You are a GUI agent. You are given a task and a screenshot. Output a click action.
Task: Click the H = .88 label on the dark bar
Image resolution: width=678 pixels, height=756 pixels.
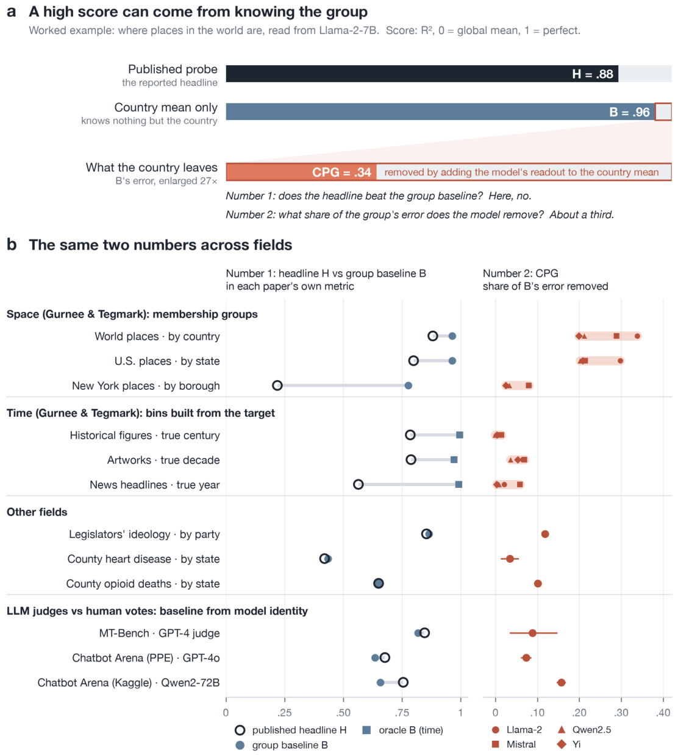[x=592, y=74]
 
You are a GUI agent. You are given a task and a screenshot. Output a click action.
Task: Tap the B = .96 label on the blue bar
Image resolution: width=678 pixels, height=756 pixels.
[x=629, y=112]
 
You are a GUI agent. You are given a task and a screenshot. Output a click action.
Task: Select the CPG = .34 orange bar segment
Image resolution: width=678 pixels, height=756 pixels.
[x=301, y=172]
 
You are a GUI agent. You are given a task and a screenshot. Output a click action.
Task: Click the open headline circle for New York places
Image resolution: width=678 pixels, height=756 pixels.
[x=277, y=385]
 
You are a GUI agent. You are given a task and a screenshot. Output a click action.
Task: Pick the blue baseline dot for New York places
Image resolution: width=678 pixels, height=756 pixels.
[x=409, y=385]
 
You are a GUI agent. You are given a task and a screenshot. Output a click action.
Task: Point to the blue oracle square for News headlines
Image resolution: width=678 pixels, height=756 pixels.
[x=459, y=484]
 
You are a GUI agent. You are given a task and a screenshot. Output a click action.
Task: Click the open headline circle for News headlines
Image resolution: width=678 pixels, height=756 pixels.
[x=359, y=484]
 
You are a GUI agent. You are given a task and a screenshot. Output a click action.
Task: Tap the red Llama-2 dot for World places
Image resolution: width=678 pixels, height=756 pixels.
[x=637, y=336]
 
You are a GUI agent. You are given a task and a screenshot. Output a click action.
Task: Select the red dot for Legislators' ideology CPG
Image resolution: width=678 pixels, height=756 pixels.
[x=545, y=534]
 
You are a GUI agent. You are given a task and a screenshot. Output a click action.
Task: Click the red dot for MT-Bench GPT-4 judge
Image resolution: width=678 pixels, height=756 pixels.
[x=533, y=633]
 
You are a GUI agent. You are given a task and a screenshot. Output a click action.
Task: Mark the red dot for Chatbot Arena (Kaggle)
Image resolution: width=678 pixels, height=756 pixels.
[x=561, y=682]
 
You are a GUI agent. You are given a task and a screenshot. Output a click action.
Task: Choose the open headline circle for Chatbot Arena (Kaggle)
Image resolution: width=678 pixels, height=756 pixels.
[x=402, y=682]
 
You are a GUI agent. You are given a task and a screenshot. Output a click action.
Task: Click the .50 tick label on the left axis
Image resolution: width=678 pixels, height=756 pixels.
[x=343, y=713]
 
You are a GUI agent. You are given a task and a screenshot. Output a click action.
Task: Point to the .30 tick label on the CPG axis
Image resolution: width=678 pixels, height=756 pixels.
[x=621, y=713]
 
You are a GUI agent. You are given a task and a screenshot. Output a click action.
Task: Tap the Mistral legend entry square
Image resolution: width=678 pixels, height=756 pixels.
[x=496, y=744]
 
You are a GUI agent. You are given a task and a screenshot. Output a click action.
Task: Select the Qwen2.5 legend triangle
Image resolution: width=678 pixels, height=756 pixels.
[x=561, y=730]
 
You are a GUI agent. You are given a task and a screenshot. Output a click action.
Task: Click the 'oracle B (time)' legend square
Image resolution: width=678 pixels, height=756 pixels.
[x=366, y=730]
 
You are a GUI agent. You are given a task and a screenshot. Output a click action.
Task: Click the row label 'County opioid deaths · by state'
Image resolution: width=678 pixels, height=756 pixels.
[x=143, y=584]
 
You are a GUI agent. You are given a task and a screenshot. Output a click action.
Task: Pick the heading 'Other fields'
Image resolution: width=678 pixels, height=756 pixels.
[x=37, y=512]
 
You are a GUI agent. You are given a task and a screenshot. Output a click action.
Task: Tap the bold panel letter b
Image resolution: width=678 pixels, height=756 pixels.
[x=12, y=244]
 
